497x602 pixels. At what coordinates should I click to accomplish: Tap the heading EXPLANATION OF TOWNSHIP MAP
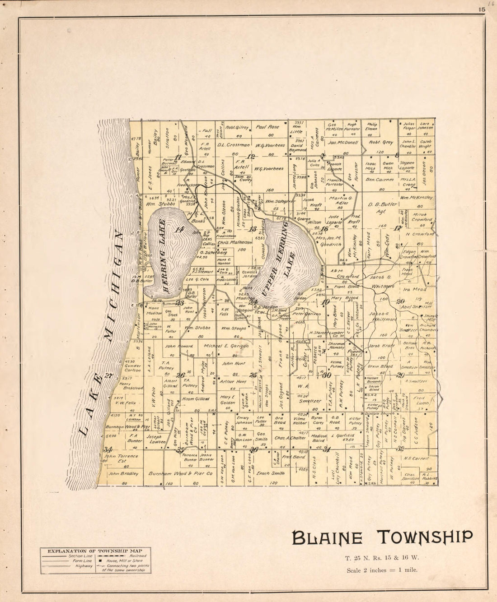(x=95, y=551)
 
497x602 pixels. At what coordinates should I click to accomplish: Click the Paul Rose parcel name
(x=267, y=127)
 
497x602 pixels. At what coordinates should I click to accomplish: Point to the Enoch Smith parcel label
(x=271, y=473)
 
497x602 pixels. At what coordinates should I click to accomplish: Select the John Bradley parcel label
(x=120, y=474)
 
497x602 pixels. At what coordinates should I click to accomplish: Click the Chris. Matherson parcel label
(x=234, y=242)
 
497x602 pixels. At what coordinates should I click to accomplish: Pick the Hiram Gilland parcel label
(x=196, y=399)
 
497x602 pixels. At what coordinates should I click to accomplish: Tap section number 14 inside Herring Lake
(x=180, y=229)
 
